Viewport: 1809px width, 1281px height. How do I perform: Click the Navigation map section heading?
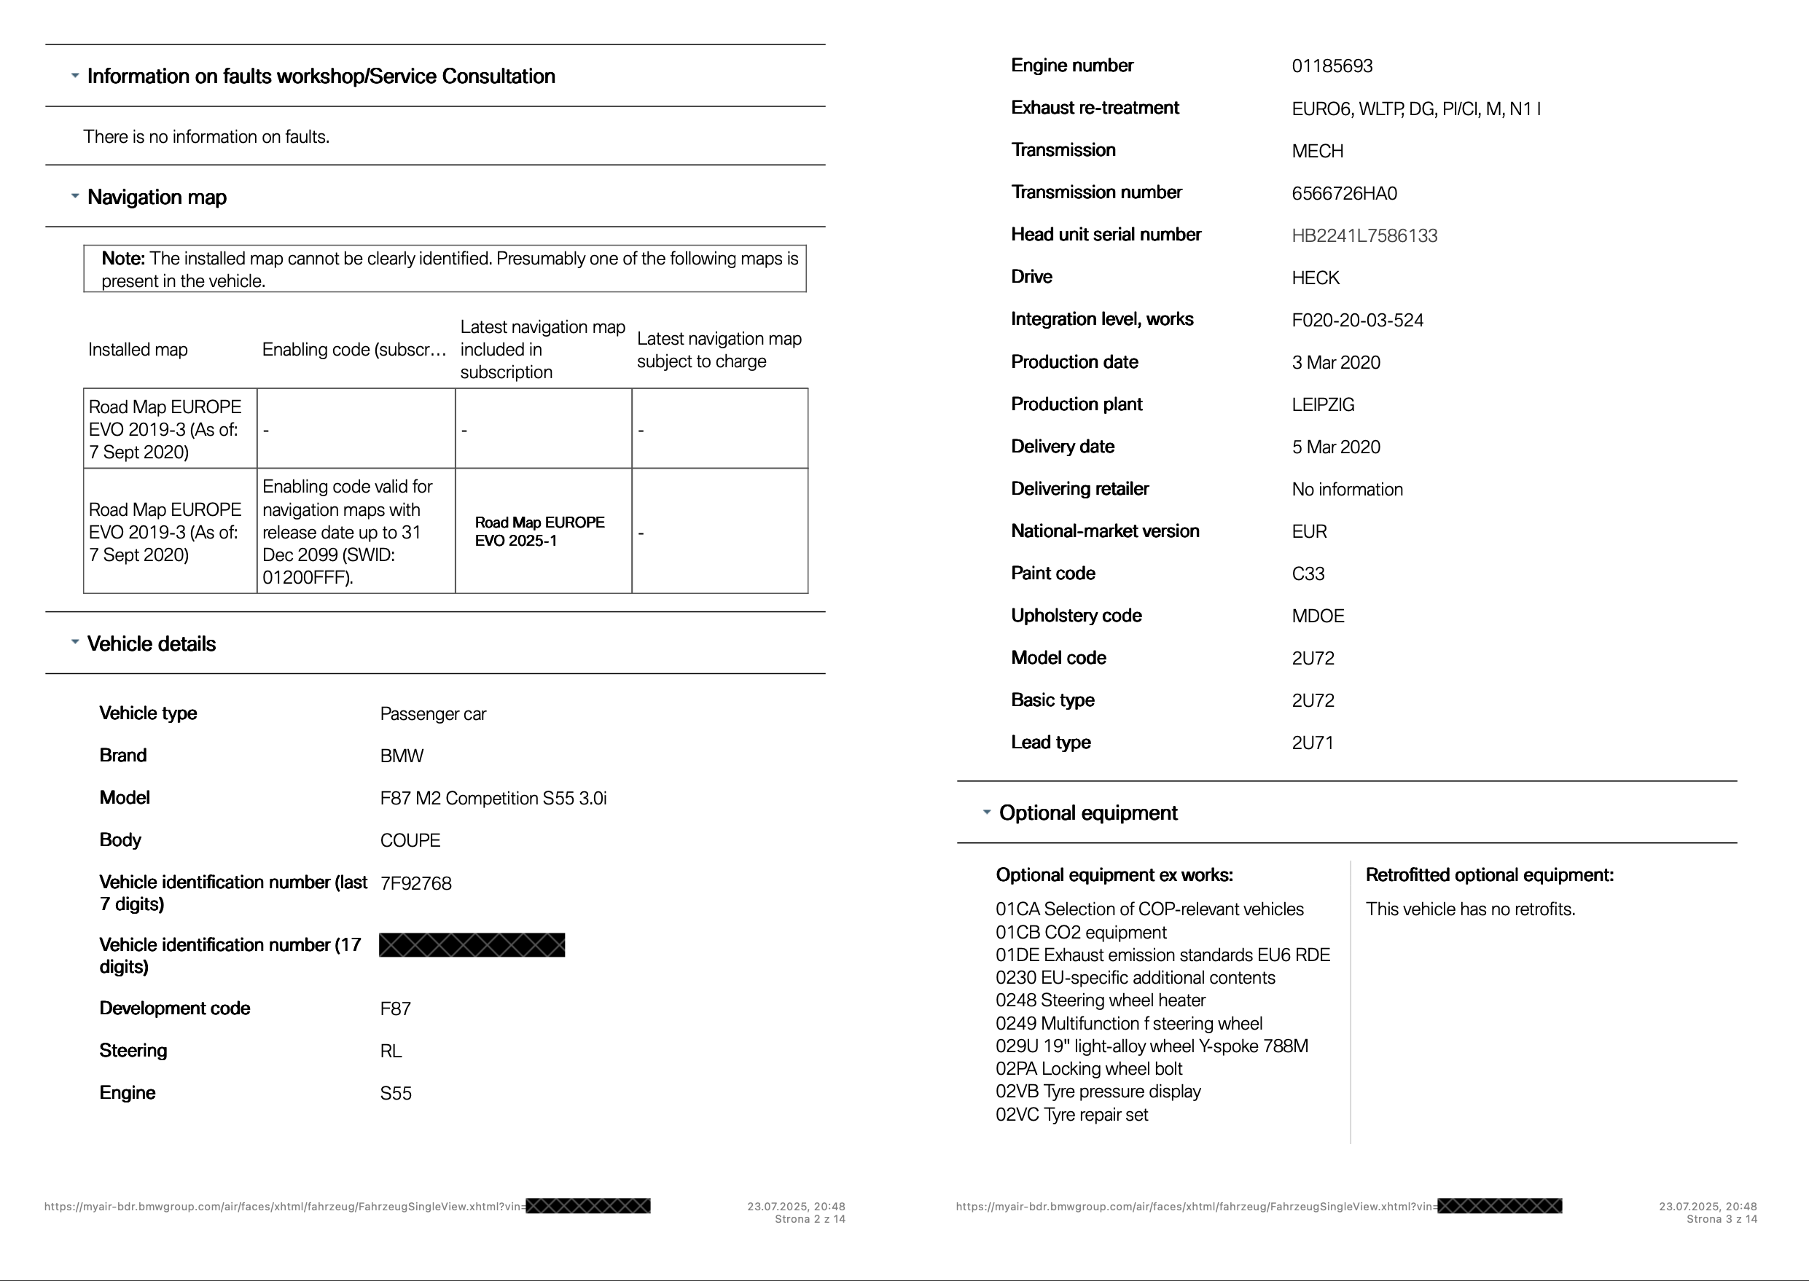coord(156,197)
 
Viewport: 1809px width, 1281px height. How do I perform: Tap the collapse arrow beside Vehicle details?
coord(75,642)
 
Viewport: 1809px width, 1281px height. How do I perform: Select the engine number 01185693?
coord(1332,66)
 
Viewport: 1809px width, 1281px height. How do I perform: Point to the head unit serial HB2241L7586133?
coord(1364,236)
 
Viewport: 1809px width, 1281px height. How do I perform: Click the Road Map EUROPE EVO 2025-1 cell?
coord(539,532)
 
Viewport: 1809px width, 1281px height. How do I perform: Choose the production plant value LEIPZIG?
coord(1322,404)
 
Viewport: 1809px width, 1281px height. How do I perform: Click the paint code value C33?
coord(1308,573)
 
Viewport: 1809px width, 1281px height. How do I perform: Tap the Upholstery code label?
coord(1076,615)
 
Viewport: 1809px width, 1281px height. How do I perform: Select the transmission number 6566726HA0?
coord(1343,193)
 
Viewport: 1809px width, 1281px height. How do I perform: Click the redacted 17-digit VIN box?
coord(472,945)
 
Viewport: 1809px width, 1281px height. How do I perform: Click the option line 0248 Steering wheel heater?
coord(1100,1000)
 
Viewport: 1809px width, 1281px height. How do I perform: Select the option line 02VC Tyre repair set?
coord(1071,1115)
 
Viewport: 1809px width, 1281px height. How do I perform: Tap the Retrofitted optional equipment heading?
coord(1489,875)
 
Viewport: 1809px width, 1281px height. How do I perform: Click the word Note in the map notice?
coord(122,259)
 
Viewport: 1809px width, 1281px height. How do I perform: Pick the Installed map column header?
coord(138,350)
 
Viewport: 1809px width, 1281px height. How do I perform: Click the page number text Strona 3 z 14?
coord(1721,1220)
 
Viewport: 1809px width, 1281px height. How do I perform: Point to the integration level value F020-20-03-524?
coord(1357,321)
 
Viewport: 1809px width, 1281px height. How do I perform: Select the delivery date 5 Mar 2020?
coord(1336,447)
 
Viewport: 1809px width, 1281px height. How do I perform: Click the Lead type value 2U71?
coord(1312,743)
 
